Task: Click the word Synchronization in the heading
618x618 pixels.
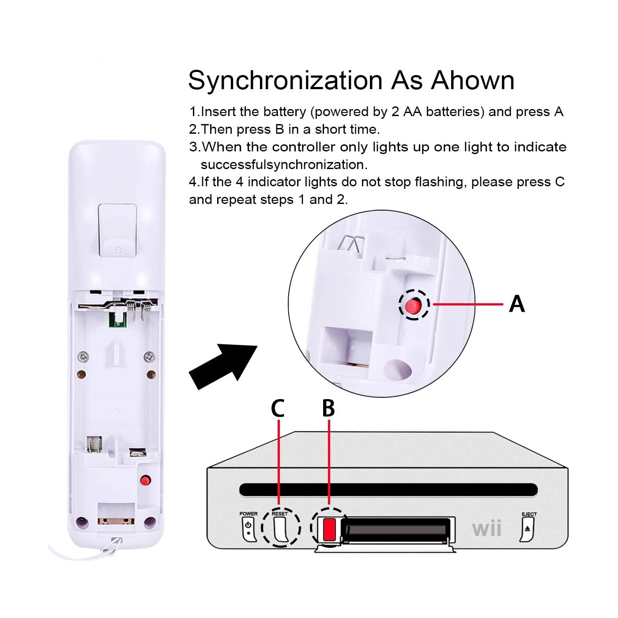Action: pos(285,80)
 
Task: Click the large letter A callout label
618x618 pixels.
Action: pos(516,304)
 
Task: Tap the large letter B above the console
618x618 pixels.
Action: pos(328,408)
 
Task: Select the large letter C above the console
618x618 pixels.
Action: pos(278,408)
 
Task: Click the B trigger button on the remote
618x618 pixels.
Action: pos(118,230)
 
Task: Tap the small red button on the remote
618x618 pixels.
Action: pos(146,480)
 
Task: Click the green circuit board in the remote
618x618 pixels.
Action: pos(117,320)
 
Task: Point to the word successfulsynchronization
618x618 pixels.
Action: pos(284,165)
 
